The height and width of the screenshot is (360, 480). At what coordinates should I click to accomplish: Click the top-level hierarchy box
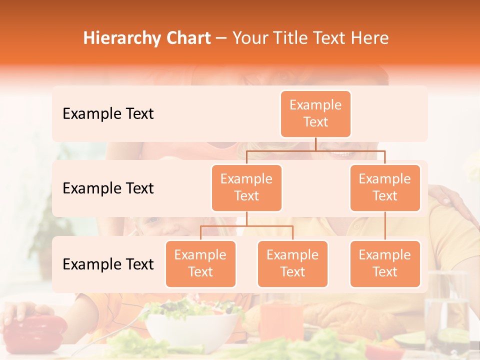tap(315, 113)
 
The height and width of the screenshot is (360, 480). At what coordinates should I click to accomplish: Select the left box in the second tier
tap(246, 187)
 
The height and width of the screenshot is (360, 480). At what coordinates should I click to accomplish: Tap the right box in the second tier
tap(385, 187)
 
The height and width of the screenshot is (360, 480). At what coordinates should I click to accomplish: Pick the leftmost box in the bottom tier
tap(200, 263)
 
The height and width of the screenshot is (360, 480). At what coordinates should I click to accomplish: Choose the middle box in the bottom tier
tap(292, 263)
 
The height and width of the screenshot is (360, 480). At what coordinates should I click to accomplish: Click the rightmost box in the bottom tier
tap(385, 263)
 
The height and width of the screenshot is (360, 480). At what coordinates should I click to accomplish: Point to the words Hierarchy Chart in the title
tap(147, 38)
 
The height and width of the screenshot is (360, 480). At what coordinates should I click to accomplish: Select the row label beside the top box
tap(108, 113)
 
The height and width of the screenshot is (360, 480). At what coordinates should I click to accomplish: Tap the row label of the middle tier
tap(108, 188)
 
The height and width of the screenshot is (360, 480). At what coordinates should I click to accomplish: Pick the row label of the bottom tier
tap(108, 264)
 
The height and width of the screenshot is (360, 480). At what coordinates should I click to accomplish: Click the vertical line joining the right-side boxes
tap(385, 226)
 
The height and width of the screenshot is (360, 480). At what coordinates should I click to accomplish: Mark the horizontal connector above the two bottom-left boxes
tap(246, 226)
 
